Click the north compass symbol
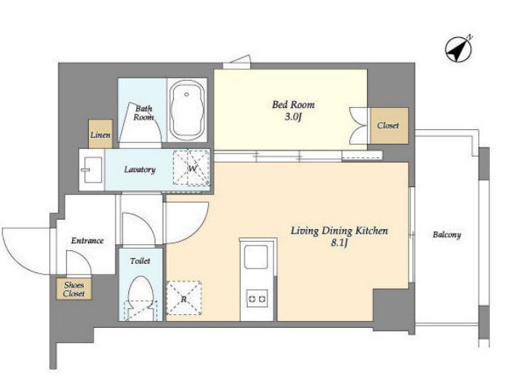click(458, 49)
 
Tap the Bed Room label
click(293, 105)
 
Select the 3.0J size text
click(293, 116)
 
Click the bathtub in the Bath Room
click(187, 110)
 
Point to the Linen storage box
click(100, 134)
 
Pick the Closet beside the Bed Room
click(389, 125)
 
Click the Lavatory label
click(140, 170)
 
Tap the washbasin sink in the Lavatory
click(93, 170)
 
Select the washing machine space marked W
click(191, 168)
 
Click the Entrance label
click(87, 240)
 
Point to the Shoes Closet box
click(74, 289)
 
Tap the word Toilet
click(140, 261)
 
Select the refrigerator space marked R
click(184, 298)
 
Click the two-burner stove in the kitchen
click(257, 298)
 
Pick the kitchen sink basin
click(256, 257)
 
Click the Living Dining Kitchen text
click(339, 230)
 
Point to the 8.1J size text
click(340, 243)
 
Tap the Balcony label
click(447, 235)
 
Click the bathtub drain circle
click(187, 94)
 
